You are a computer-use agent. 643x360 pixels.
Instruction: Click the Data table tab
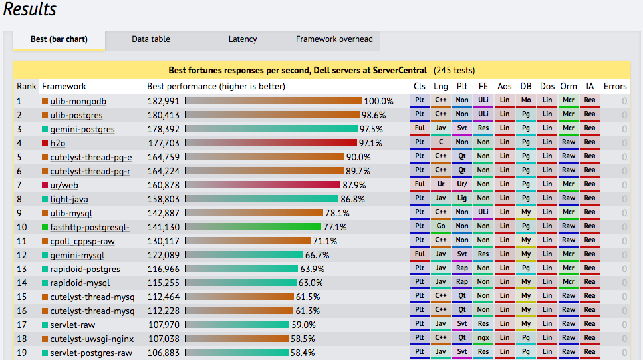coord(150,39)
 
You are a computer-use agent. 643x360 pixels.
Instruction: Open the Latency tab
coord(242,39)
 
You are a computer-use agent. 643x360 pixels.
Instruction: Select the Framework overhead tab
coord(334,39)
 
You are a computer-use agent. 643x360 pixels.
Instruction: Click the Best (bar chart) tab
coord(59,39)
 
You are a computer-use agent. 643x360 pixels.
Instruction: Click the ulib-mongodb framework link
coord(78,101)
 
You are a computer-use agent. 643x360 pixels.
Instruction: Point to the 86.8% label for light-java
coord(352,199)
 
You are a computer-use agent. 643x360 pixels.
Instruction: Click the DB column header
coord(525,86)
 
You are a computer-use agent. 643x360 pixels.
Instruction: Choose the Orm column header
coord(568,86)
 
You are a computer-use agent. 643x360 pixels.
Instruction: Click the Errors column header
coord(614,86)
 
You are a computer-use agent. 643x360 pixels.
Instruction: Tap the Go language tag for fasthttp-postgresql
coord(441,226)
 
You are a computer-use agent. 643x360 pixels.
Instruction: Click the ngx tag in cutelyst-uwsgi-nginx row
coord(483,338)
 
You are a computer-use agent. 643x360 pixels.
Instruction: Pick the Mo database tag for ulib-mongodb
coord(526,100)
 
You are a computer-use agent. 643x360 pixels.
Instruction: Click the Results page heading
coord(30,10)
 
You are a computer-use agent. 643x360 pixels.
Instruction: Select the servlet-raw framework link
coord(72,325)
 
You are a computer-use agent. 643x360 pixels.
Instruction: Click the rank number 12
coord(23,255)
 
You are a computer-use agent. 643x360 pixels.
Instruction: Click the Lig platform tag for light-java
coord(462,198)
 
